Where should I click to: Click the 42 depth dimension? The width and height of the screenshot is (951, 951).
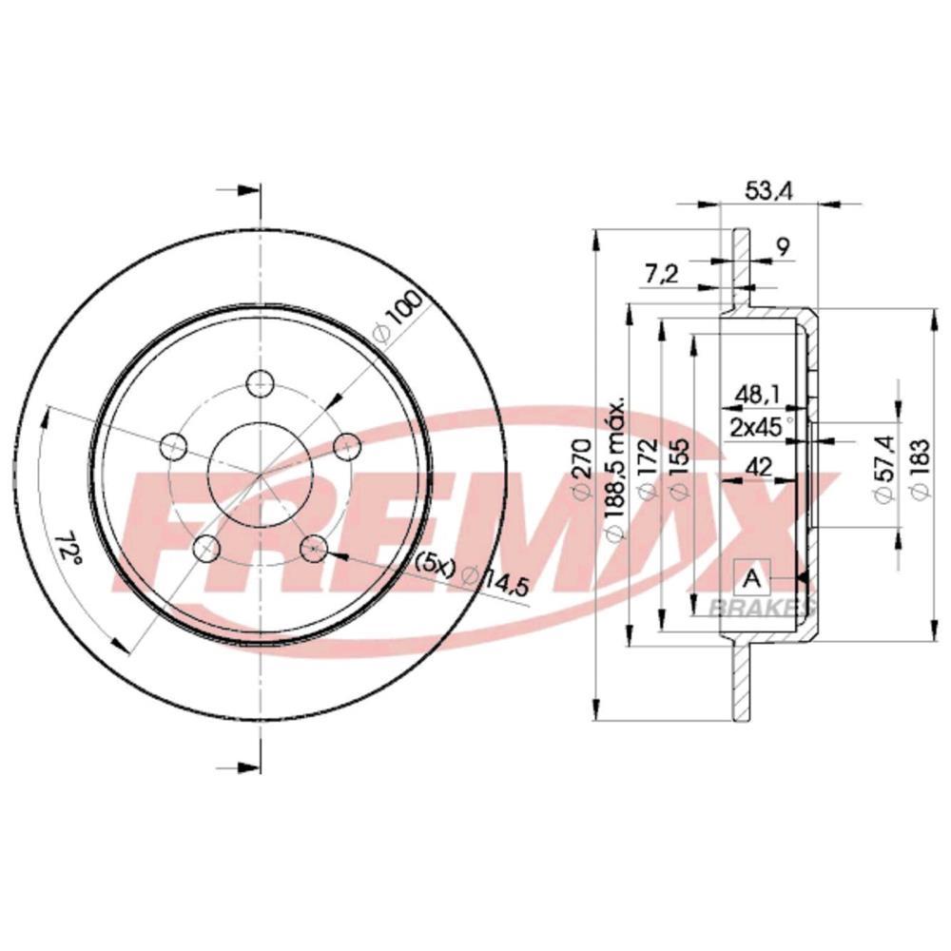pyautogui.click(x=758, y=465)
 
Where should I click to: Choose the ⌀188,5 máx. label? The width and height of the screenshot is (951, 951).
pyautogui.click(x=615, y=468)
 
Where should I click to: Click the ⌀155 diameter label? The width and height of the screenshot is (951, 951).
pyautogui.click(x=679, y=473)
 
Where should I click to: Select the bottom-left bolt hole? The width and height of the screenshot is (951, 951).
pyautogui.click(x=204, y=548)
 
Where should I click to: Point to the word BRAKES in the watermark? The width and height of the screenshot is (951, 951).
pyautogui.click(x=760, y=607)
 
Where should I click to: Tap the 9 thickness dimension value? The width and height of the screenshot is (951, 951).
pyautogui.click(x=782, y=247)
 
